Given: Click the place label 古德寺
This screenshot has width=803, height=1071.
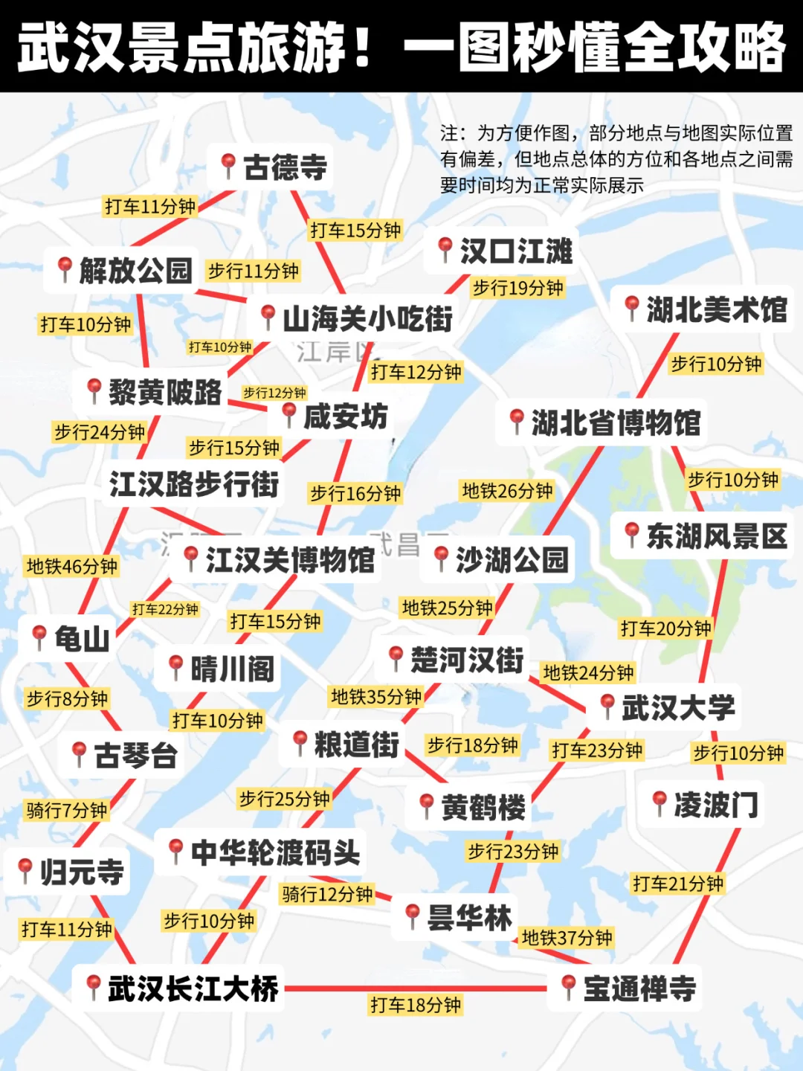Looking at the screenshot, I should pos(286,167).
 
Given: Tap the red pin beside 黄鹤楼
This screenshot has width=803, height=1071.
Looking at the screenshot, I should pos(427,805).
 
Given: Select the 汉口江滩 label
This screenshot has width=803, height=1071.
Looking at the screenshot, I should pos(516,251).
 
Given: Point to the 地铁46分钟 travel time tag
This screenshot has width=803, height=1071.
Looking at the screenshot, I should pos(72,567).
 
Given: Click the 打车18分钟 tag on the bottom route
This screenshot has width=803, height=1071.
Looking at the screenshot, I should pos(416,1006).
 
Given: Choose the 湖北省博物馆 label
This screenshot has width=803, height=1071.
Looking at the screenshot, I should pos(616,422).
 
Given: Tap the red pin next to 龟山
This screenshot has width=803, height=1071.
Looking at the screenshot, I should pos(39,637).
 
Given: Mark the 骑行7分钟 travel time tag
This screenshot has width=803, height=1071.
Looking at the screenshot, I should pos(67,810).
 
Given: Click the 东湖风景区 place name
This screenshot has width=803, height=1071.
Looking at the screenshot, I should pos(716,535).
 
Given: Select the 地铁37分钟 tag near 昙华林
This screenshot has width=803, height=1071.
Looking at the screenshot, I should pos(567,938).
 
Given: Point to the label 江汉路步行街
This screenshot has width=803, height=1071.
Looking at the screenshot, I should pos(194,484).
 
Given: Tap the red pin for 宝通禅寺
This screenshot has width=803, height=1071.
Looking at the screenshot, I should pos(569,986).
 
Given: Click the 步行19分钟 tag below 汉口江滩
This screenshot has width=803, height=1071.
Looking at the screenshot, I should pos(517,288).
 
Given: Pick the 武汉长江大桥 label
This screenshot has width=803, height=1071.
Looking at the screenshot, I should pos(193,988).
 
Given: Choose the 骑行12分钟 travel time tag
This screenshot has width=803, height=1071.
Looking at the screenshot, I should pos(327,894).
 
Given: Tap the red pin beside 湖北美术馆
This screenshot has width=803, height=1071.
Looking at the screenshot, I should pos(632,306).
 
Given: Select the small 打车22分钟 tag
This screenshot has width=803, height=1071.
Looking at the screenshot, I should pos(165,610).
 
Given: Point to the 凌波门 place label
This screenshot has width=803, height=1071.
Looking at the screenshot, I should pos(716,805).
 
